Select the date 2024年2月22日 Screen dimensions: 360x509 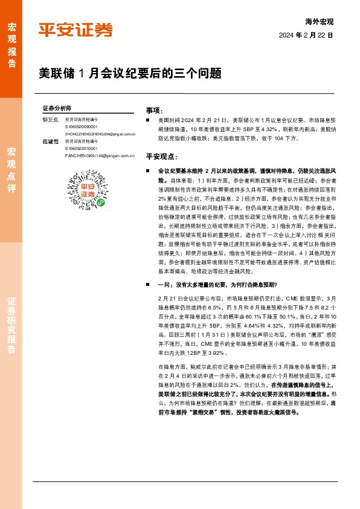pyautogui.click(x=306, y=36)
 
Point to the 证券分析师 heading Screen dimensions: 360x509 pyautogui.click(x=57, y=108)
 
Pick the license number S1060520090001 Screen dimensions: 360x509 pyautogui.click(x=81, y=127)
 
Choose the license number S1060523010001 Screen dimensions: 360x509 pyautogui.click(x=81, y=148)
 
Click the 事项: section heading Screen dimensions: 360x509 pyautogui.click(x=155, y=111)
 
